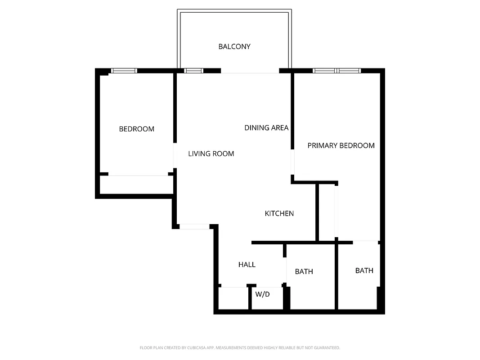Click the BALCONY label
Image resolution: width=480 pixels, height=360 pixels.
[234, 46]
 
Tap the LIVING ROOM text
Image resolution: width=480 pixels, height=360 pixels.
[211, 154]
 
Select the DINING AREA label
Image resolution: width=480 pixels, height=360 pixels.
[266, 128]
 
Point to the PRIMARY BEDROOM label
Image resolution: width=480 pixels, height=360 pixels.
[341, 145]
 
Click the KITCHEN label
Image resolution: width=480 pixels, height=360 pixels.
[279, 213]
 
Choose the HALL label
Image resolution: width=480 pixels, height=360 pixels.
[247, 265]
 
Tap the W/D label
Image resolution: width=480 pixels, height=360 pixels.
[262, 294]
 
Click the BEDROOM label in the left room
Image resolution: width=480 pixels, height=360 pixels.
[136, 129]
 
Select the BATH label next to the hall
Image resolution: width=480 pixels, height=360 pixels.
[304, 271]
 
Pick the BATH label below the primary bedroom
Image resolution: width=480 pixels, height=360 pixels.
[364, 270]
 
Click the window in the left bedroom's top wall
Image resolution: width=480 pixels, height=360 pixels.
[124, 71]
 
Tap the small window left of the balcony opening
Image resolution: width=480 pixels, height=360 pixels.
[194, 71]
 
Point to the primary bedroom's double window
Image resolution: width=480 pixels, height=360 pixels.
[337, 71]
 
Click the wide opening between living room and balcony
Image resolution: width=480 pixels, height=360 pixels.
[250, 71]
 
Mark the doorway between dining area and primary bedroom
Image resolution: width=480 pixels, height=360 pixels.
[292, 162]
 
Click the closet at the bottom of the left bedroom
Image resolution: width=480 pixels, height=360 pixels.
[136, 184]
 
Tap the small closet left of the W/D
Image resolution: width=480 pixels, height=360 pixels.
[233, 298]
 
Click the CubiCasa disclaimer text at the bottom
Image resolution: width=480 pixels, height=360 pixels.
[240, 348]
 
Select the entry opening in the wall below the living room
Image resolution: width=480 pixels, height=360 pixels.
[194, 226]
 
